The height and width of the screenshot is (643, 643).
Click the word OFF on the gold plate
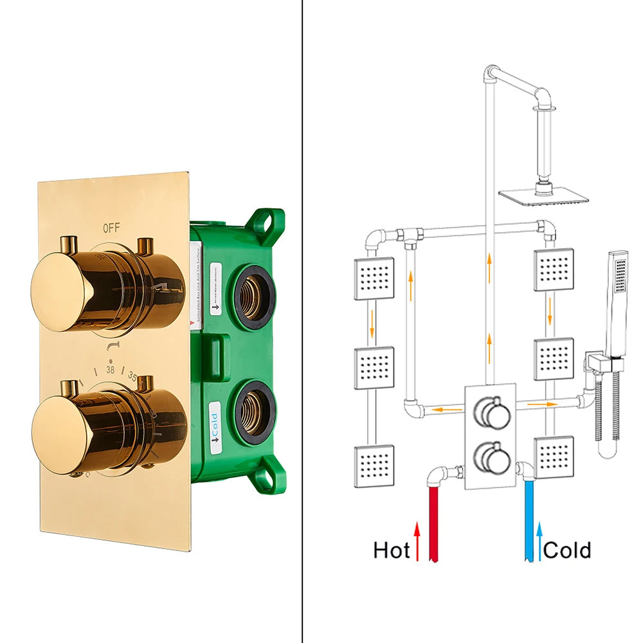click(x=111, y=227)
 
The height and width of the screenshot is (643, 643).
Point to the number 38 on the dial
click(x=111, y=370)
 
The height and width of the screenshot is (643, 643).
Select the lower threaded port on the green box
click(x=255, y=412)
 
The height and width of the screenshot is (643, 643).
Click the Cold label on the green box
click(x=215, y=422)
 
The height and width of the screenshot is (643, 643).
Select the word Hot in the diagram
click(x=392, y=550)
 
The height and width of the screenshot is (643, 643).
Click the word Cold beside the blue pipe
click(x=567, y=550)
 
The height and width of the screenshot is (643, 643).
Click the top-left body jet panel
click(x=374, y=278)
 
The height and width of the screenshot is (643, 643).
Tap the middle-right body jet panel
click(x=554, y=354)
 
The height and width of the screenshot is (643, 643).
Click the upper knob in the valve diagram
click(x=491, y=411)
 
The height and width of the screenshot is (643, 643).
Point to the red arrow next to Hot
click(x=417, y=540)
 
